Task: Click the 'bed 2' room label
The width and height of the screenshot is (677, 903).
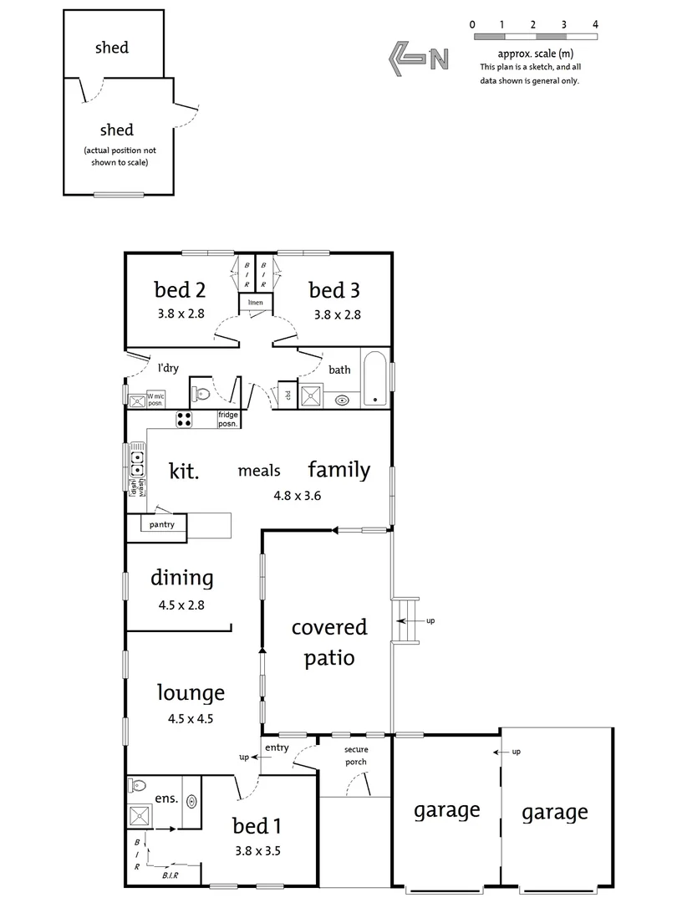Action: click(x=180, y=290)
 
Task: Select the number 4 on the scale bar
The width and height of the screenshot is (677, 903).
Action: click(x=595, y=24)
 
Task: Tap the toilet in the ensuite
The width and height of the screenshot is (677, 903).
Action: click(x=139, y=786)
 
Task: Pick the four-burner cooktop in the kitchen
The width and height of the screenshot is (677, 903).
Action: click(x=185, y=420)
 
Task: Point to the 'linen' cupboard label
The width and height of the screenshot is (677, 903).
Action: click(x=255, y=301)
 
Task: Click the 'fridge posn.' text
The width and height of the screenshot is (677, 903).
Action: click(x=228, y=420)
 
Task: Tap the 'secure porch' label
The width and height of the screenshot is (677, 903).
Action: click(x=356, y=756)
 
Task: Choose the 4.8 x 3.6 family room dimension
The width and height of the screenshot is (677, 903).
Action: click(x=297, y=495)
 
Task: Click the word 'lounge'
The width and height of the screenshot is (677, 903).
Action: click(x=191, y=692)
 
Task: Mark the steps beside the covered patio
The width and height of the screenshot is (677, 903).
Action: click(x=405, y=621)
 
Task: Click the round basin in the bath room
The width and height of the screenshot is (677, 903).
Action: click(x=343, y=400)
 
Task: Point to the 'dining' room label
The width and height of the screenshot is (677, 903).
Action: click(x=181, y=577)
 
